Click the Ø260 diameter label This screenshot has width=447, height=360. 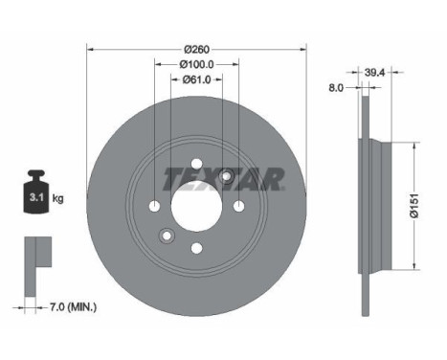coord(197,50)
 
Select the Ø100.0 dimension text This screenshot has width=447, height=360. coord(196,64)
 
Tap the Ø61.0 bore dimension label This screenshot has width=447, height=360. coord(196,79)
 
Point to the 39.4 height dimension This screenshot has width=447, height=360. coord(375,73)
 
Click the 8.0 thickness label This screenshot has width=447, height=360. coord(336,88)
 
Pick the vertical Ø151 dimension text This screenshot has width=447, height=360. coord(413,206)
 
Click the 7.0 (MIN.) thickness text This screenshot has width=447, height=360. coord(73,307)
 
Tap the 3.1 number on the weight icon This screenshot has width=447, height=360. coord(36,197)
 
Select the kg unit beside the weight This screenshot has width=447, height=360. coord(57,198)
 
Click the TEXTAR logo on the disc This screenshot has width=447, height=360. coord(224,179)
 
